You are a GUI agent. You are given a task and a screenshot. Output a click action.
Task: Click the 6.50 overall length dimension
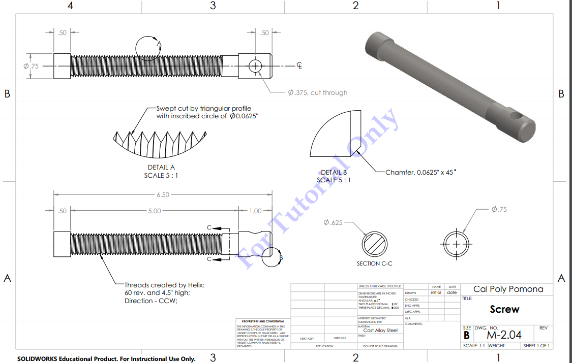pyautogui.click(x=163, y=195)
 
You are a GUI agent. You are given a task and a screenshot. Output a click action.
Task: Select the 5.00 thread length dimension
pyautogui.click(x=154, y=211)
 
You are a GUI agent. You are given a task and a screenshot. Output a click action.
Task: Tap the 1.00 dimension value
pyautogui.click(x=255, y=211)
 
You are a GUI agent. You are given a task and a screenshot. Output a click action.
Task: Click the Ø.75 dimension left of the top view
pyautogui.click(x=31, y=66)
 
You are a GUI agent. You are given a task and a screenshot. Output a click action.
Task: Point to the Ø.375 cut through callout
pyautogui.click(x=318, y=93)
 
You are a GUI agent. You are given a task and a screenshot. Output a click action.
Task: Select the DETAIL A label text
pyautogui.click(x=161, y=167)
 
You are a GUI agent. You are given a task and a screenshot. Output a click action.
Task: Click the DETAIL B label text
pyautogui.click(x=334, y=173)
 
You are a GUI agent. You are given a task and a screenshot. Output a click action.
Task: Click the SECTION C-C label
pyautogui.click(x=374, y=263)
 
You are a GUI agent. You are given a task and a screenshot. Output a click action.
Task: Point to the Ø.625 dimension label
pyautogui.click(x=333, y=223)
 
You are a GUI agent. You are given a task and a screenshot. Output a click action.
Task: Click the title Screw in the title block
pyautogui.click(x=504, y=309)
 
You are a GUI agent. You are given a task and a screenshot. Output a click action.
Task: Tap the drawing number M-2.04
pyautogui.click(x=504, y=335)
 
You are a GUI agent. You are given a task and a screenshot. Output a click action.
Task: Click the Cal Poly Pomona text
pyautogui.click(x=508, y=289)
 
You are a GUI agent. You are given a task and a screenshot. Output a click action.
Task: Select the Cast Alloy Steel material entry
pyautogui.click(x=380, y=330)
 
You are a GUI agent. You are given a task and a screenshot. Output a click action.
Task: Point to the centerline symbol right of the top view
pyautogui.click(x=300, y=66)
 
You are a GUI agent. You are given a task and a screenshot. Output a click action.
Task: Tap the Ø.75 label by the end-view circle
pyautogui.click(x=499, y=210)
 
